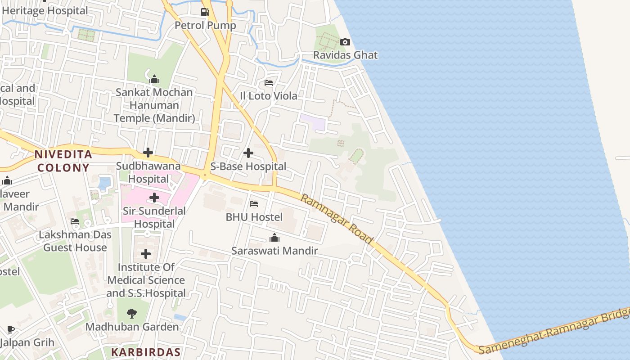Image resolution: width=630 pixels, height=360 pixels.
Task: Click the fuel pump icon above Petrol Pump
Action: [205, 12]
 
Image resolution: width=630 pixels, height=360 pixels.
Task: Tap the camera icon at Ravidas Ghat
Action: [345, 42]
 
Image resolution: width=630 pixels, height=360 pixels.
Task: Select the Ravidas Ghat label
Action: [345, 55]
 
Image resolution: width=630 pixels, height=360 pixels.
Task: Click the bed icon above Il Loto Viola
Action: [269, 83]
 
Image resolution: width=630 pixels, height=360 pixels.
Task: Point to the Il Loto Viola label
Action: [269, 96]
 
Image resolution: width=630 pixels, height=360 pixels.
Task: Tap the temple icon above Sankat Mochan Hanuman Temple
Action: [154, 80]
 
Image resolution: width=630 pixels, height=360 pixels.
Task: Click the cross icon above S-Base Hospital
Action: [248, 153]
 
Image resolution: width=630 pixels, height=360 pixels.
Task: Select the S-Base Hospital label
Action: [248, 166]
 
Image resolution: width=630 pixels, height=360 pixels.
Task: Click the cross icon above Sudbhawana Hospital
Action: [148, 153]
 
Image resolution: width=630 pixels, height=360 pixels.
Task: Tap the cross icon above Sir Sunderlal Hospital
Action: [154, 198]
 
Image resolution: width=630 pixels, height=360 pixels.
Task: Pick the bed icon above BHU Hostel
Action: [254, 204]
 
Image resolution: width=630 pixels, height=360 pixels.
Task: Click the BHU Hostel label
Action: [254, 217]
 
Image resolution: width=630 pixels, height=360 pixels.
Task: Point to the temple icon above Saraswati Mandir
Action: [274, 238]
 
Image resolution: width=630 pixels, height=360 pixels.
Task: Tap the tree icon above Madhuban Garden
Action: [132, 314]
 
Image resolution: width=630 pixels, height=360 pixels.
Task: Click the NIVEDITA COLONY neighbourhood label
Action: [63, 161]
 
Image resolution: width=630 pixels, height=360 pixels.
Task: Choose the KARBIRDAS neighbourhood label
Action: [146, 352]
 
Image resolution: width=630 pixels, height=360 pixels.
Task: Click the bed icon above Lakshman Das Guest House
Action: [75, 221]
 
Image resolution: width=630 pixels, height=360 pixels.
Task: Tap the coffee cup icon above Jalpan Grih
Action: [11, 330]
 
